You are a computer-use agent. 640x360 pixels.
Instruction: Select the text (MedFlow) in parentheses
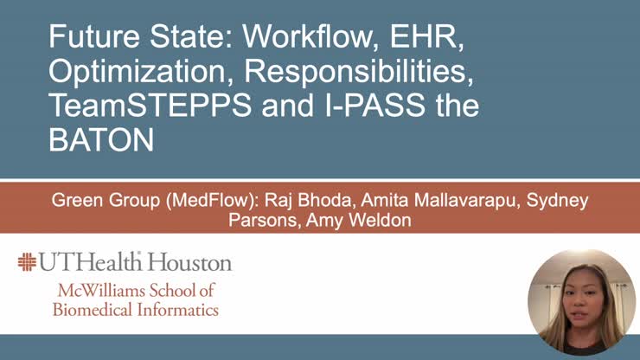point(182,201)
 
